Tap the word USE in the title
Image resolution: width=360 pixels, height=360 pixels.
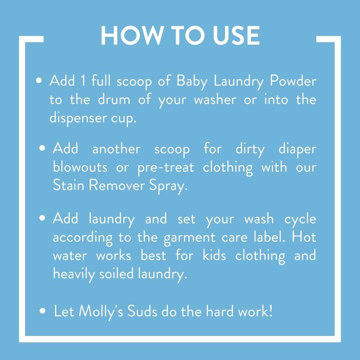click(236, 35)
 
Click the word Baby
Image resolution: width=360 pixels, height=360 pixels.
click(192, 82)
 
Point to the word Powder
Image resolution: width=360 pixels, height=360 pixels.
click(293, 81)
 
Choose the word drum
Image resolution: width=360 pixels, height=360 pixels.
click(114, 99)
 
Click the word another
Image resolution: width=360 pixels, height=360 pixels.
click(116, 148)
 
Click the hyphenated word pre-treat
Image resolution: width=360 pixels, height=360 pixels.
click(166, 168)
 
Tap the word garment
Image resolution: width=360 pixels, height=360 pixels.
click(190, 238)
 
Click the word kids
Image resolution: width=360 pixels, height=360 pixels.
click(214, 255)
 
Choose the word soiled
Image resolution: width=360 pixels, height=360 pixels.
click(116, 273)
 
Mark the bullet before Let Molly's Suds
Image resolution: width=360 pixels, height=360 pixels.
click(42, 311)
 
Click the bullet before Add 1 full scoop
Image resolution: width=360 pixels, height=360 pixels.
click(39, 81)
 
